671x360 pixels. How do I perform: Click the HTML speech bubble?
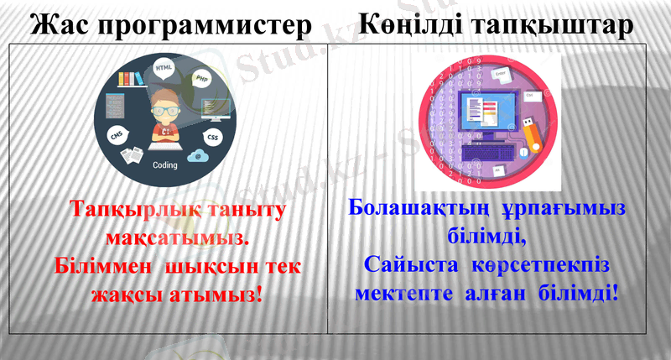(164, 66)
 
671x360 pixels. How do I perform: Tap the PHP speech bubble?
(201, 79)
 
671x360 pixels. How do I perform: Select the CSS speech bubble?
(213, 136)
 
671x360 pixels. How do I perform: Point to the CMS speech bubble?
(117, 135)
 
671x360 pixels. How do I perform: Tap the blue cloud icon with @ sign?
(198, 155)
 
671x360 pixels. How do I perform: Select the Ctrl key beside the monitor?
(530, 96)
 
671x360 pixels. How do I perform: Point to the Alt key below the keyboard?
(498, 170)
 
